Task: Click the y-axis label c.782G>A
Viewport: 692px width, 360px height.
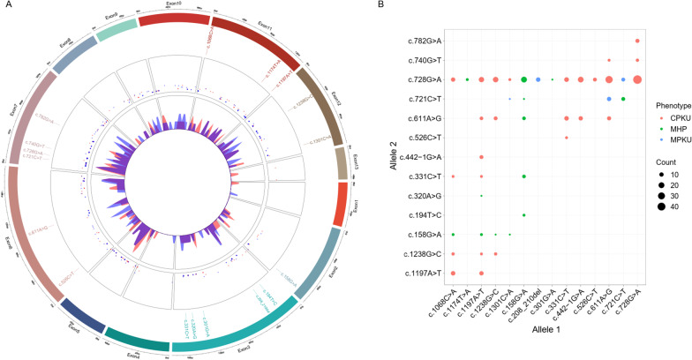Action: coord(420,41)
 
